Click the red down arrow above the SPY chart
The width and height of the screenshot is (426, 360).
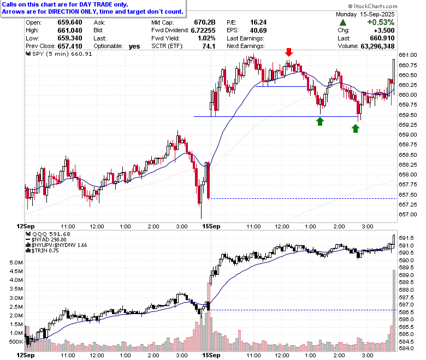pos(289,52)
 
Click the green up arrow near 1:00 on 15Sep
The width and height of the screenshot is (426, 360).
pos(320,121)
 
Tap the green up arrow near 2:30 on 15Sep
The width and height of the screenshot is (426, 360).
pos(356,128)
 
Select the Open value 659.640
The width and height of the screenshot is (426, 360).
pos(70,22)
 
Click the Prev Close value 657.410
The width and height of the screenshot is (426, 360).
pos(70,46)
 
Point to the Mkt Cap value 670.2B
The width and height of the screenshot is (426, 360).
pos(205,22)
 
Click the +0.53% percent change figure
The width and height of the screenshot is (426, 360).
pos(381,22)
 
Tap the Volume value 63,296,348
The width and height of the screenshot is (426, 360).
pos(377,46)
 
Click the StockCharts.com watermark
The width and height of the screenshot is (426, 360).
pos(372,6)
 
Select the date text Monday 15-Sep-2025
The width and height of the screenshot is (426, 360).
pos(365,14)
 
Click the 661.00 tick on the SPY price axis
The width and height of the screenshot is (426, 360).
pos(408,55)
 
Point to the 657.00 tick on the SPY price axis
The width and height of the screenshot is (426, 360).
pos(408,215)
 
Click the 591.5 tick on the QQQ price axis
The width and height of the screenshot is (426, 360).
pos(406,238)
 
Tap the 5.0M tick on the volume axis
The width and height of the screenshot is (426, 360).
pos(16,263)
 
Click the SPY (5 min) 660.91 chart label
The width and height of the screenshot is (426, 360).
pos(58,54)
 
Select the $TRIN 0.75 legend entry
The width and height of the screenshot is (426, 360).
pos(42,251)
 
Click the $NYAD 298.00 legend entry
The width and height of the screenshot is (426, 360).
pos(46,240)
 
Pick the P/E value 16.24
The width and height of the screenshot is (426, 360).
pos(258,22)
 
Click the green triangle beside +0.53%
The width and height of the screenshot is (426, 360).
pos(343,22)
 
